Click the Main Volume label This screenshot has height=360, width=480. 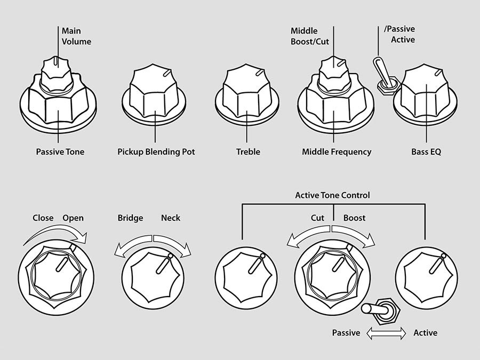point(76,36)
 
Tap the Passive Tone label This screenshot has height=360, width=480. point(60,152)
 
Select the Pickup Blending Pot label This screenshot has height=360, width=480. point(156,152)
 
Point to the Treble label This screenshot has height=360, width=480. point(248,152)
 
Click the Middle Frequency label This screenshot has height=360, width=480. point(337,152)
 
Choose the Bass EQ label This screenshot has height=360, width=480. point(426,152)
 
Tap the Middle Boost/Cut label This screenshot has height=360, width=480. point(311,36)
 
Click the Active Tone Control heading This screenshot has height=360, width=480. point(332,195)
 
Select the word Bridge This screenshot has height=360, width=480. point(131,218)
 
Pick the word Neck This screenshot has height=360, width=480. point(171,218)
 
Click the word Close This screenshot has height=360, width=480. point(43,218)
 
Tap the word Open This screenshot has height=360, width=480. point(73,218)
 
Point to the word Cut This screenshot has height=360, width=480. point(318,218)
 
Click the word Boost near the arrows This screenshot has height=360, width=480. point(354,218)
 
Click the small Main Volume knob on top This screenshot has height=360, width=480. point(57,72)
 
